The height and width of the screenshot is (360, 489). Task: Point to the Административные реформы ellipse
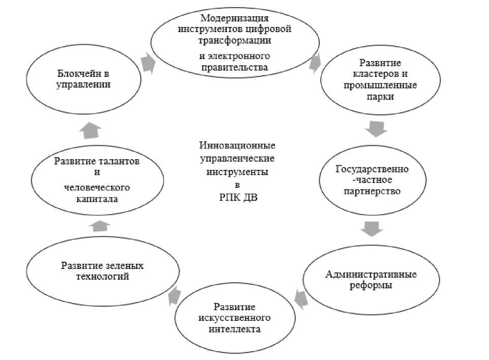coord(371,280)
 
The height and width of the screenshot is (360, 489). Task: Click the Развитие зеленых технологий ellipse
coord(103,272)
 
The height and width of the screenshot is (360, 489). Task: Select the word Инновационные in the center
coord(234,145)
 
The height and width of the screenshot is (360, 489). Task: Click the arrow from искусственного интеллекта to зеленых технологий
coord(173,295)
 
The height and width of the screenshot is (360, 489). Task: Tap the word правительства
coord(234,67)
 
